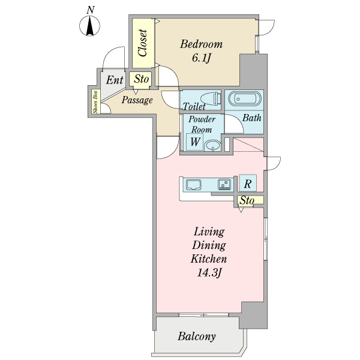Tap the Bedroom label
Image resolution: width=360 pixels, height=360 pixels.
coord(201,44)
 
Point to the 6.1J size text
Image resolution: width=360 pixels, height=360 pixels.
coord(201,58)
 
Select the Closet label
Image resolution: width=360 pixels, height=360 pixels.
coord(143,43)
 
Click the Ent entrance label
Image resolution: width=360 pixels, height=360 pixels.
coord(115,80)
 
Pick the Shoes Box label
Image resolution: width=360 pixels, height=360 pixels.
coord(95,102)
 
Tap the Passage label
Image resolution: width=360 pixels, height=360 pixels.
coord(137,100)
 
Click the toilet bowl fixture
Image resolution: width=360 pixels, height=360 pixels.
coord(211,98)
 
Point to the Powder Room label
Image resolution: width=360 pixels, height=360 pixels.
coord(202,124)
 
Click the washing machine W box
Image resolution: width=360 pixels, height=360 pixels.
coord(195,142)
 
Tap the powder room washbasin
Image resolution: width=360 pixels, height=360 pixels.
coord(213,145)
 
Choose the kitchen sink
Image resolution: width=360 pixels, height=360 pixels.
coord(194,185)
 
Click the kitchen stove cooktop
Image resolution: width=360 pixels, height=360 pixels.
coord(224,184)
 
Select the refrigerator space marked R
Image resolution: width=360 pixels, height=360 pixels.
coord(248,183)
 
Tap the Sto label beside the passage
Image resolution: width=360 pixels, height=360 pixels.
coord(141,79)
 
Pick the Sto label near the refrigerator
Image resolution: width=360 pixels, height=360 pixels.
coord(247,200)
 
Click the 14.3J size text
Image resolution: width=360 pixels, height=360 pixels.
coord(209,273)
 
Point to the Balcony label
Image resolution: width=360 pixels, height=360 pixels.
coord(197,337)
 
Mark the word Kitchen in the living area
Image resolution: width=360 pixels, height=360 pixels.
coord(209,259)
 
